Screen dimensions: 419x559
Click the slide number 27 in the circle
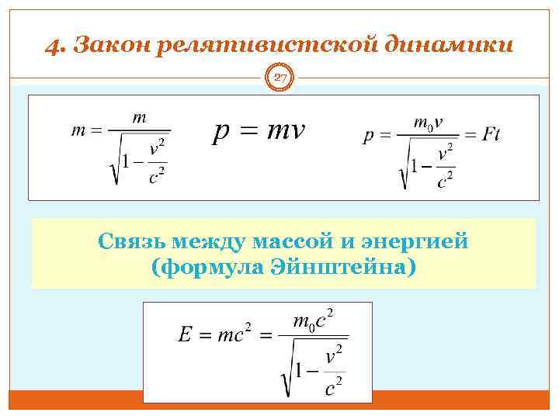280,77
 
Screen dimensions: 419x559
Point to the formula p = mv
259,132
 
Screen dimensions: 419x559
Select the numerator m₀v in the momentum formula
429,123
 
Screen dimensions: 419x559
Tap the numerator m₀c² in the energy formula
313,320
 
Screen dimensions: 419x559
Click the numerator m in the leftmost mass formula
140,118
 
